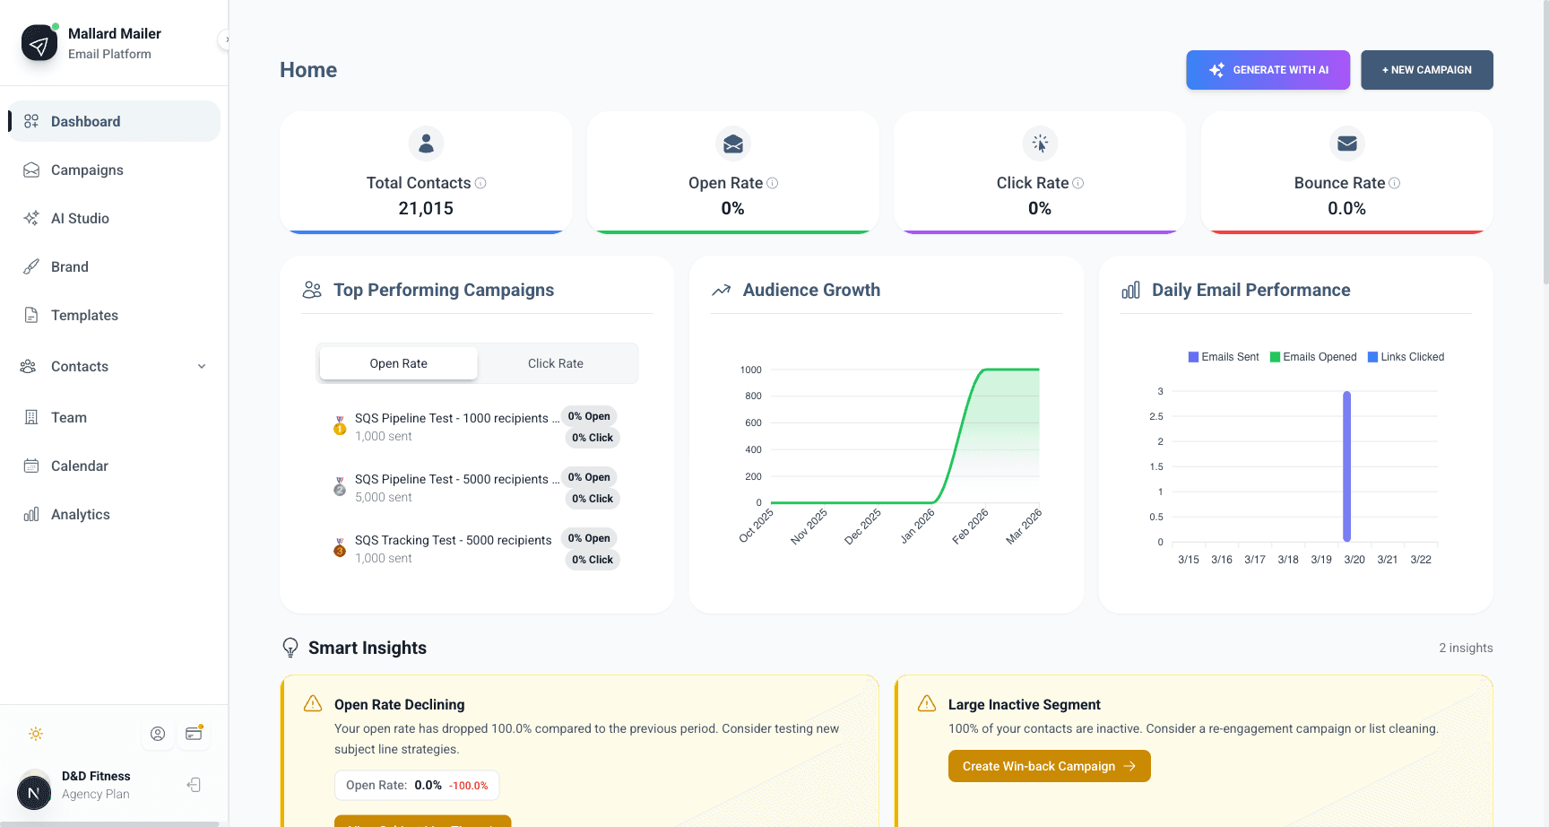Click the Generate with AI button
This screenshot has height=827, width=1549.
(x=1268, y=70)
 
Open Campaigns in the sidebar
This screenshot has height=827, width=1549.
(x=87, y=170)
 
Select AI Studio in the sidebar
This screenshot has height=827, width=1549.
(x=80, y=219)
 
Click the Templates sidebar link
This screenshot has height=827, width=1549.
(x=84, y=316)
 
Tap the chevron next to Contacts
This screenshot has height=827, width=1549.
(x=202, y=367)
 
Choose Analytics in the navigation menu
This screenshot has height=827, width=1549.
(x=80, y=515)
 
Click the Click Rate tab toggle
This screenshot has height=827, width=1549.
(x=555, y=363)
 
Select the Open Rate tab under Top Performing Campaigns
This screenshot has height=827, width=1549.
(x=398, y=363)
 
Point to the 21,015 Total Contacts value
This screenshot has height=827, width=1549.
(x=426, y=208)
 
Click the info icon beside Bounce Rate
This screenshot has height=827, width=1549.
(x=1394, y=183)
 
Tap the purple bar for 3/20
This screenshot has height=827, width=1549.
(x=1346, y=466)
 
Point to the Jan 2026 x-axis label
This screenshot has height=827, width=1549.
(x=918, y=527)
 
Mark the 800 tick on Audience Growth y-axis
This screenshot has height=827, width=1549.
(x=752, y=396)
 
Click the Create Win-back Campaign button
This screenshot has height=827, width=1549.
(x=1049, y=766)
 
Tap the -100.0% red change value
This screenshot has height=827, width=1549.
(x=468, y=786)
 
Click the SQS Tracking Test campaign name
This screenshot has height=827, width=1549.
(x=453, y=540)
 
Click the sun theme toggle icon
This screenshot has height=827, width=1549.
(x=36, y=734)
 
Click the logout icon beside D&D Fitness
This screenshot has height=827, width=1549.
(x=194, y=785)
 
